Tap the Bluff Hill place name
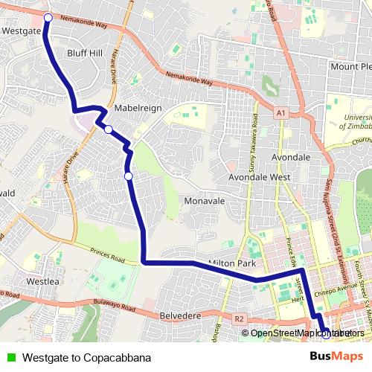84,54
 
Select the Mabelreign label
138,108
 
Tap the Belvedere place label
181,316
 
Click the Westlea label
42,282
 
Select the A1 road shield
280,113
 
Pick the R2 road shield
239,319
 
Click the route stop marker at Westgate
48,17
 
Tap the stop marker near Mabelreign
109,130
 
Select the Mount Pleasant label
350,67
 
